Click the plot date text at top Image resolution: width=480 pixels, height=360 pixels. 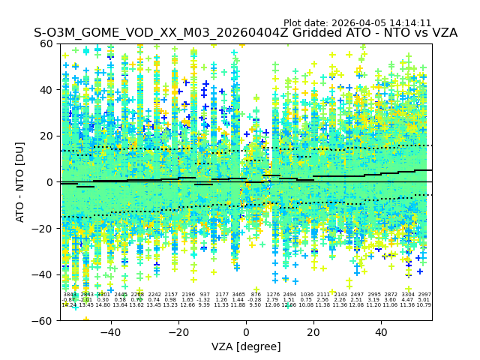coord(357,23)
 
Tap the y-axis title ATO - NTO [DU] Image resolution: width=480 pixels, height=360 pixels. coord(21,181)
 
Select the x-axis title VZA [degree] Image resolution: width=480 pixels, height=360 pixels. coord(246,346)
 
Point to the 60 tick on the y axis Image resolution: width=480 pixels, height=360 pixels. coord(46,43)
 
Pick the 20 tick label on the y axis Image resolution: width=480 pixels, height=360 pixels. coord(46,136)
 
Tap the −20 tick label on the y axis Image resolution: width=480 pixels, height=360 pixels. coord(43,228)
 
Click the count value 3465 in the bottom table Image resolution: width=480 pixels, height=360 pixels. coord(238,295)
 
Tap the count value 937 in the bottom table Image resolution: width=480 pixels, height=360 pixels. coord(205,295)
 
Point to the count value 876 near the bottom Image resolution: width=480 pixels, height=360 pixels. coord(256,295)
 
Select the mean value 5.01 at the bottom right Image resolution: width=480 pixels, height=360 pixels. coord(424,300)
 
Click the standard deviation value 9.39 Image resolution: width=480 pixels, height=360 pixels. coord(205,305)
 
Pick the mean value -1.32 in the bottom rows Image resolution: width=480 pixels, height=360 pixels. coord(205,300)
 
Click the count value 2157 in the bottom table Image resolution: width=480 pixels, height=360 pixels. coord(171,295)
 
